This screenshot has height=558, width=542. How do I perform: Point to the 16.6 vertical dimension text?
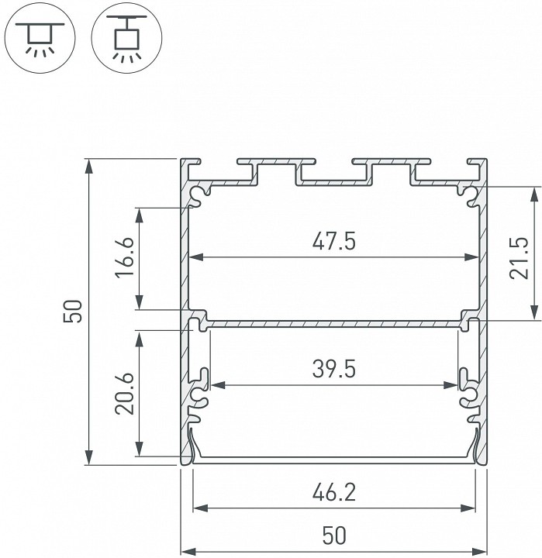click(x=128, y=259)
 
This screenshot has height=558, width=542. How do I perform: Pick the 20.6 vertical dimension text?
click(x=128, y=394)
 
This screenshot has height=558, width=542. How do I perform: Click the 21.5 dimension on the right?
click(x=520, y=258)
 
